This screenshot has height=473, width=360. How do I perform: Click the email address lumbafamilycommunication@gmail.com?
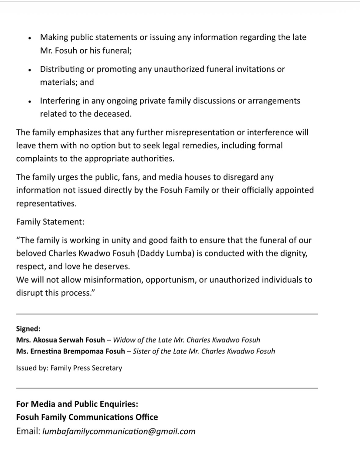[x=119, y=431]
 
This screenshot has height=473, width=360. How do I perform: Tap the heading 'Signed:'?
[x=28, y=329]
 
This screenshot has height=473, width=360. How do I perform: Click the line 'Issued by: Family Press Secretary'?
[x=69, y=368]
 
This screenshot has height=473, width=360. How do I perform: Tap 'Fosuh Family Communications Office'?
[x=87, y=417]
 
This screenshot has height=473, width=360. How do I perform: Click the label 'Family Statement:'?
[x=50, y=222]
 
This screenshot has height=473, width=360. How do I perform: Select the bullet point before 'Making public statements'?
[x=29, y=38]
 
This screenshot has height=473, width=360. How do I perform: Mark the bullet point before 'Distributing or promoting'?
[x=29, y=70]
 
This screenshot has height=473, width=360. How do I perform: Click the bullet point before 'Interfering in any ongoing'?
[x=29, y=102]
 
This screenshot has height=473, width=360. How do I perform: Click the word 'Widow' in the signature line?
[x=125, y=340]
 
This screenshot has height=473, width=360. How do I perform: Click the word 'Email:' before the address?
[x=28, y=431]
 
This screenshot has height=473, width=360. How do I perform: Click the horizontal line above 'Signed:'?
[x=166, y=314]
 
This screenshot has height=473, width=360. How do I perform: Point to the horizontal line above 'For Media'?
[x=166, y=388]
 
